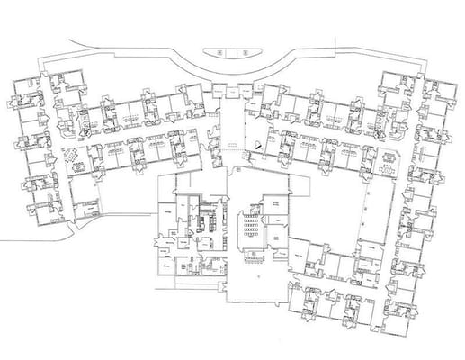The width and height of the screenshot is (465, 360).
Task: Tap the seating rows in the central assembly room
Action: tap(247, 229)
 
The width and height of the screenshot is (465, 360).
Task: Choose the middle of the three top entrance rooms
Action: tap(232, 90)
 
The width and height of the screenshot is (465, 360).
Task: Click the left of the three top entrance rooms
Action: tap(219, 90)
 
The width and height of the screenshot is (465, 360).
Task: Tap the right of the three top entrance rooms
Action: tap(246, 90)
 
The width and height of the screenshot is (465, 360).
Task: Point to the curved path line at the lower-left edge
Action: tap(36, 237)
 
